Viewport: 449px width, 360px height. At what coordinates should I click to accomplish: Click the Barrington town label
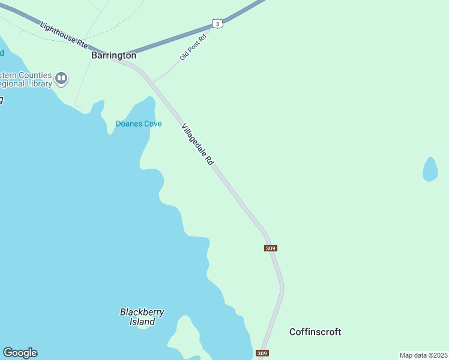(x=113, y=55)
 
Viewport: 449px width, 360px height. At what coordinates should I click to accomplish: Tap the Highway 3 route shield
(x=217, y=23)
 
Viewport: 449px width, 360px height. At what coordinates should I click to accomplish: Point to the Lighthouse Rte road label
(x=64, y=34)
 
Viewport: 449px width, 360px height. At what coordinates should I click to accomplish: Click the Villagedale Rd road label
(x=197, y=145)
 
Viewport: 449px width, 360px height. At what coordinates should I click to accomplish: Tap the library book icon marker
(x=61, y=78)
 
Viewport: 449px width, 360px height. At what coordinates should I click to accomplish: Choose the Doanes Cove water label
(x=138, y=124)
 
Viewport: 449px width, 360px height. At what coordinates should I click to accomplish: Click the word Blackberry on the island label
(x=142, y=312)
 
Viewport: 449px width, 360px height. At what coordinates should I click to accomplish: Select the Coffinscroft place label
(x=315, y=332)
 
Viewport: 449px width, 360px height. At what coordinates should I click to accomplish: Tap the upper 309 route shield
(x=270, y=248)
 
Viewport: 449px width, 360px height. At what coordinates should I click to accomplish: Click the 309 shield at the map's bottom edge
(x=262, y=353)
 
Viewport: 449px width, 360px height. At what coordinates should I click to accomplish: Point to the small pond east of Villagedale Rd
(x=430, y=169)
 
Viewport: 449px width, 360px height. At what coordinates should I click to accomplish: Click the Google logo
(x=20, y=353)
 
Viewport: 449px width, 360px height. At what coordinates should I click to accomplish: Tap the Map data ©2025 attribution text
(x=423, y=355)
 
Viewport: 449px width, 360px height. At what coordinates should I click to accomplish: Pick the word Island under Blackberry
(x=142, y=322)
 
